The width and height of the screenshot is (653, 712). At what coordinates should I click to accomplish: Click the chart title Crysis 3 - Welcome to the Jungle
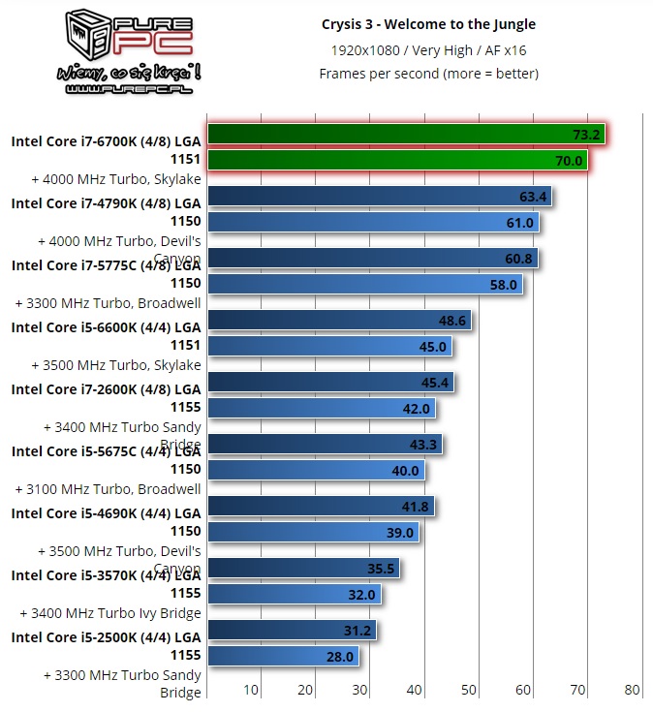pyautogui.click(x=428, y=24)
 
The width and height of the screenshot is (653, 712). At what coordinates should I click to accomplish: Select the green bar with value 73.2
pyautogui.click(x=406, y=134)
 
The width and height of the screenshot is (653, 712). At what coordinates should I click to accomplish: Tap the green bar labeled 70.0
pyautogui.click(x=397, y=160)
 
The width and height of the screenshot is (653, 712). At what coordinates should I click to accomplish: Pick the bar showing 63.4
pyautogui.click(x=380, y=197)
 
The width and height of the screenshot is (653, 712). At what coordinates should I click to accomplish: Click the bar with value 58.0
pyautogui.click(x=365, y=284)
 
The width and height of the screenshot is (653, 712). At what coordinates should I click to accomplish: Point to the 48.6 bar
pyautogui.click(x=339, y=321)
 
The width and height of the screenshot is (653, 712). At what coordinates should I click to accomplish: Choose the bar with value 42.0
pyautogui.click(x=322, y=408)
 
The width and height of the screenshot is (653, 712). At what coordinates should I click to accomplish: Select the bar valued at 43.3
pyautogui.click(x=326, y=445)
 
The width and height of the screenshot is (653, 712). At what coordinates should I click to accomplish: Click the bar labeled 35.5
pyautogui.click(x=303, y=569)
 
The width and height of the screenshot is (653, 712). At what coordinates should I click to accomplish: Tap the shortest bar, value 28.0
pyautogui.click(x=283, y=656)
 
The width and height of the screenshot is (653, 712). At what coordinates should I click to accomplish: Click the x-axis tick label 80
pyautogui.click(x=633, y=690)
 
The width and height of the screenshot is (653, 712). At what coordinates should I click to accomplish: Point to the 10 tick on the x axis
pyautogui.click(x=251, y=690)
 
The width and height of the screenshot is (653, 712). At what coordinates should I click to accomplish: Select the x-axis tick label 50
pyautogui.click(x=469, y=690)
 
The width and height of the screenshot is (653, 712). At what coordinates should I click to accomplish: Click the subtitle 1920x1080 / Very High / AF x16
pyautogui.click(x=428, y=49)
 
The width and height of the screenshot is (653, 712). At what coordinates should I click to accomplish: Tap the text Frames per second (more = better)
pyautogui.click(x=428, y=74)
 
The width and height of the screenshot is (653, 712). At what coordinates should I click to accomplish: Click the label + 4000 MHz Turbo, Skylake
pyautogui.click(x=116, y=179)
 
